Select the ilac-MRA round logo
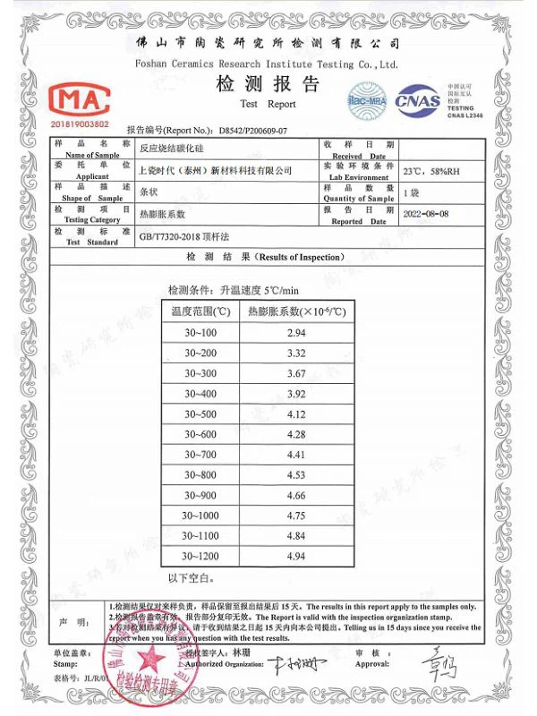point(366,96)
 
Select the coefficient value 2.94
point(295,333)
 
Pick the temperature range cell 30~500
point(200,414)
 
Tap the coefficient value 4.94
point(295,556)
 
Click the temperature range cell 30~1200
point(200,556)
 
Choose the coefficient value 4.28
point(295,435)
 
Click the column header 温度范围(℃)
point(200,311)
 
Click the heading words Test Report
point(268,104)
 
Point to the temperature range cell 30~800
point(200,474)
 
